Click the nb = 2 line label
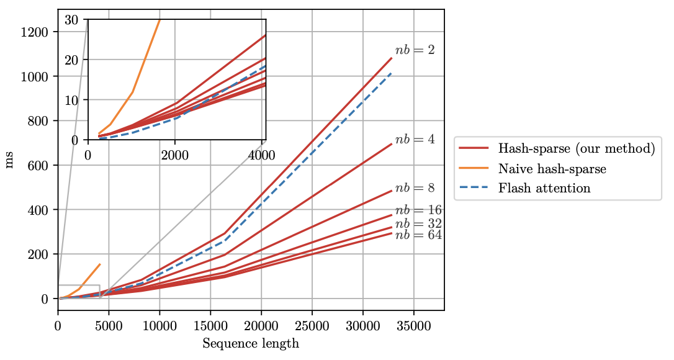coord(415,51)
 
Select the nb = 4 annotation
coord(415,140)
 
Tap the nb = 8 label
coord(415,187)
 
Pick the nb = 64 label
coord(418,235)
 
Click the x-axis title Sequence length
coord(251,343)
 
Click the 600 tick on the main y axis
coord(40,165)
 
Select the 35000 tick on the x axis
coord(413,326)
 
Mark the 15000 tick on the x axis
coord(210,326)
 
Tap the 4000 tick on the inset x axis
coord(261,154)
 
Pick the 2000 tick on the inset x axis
coord(174,154)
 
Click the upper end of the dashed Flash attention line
coord(392,73)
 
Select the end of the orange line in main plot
coord(100,264)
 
